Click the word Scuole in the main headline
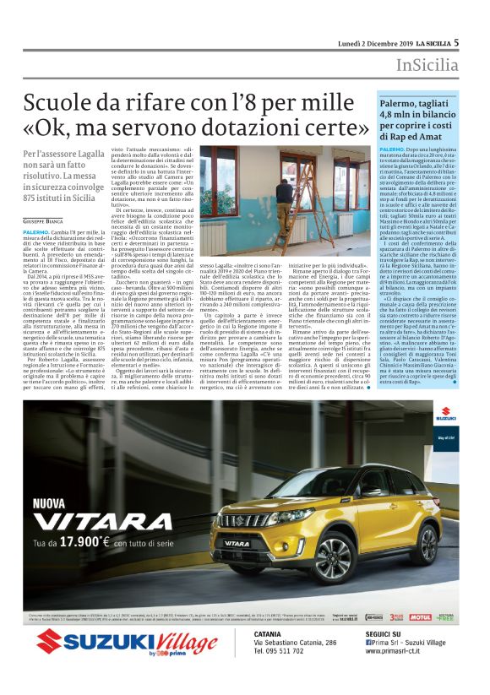coord(61,105)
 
